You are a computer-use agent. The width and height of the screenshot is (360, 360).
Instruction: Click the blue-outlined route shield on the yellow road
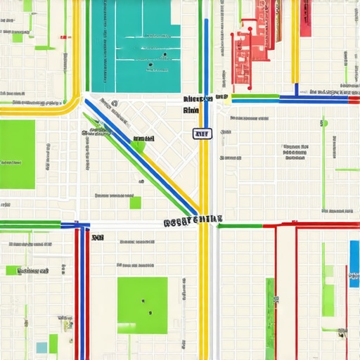202,134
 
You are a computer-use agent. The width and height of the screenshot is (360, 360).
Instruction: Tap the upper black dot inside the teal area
164,54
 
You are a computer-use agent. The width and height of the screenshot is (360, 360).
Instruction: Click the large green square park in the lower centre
142,302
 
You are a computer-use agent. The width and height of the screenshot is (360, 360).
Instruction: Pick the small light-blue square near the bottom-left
42,347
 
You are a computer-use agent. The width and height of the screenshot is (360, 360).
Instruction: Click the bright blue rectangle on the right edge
354,264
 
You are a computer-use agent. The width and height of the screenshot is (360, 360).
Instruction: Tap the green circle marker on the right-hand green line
324,123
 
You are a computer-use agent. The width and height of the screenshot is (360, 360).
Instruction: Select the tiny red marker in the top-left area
65,37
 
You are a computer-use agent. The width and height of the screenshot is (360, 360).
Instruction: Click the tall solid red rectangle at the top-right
306,18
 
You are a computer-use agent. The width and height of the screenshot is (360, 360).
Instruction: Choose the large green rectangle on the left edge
17,154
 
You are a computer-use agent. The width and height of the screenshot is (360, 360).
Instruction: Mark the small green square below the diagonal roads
135,202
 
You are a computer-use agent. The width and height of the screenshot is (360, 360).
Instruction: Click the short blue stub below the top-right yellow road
296,89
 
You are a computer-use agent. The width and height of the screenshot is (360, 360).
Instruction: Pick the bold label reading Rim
191,110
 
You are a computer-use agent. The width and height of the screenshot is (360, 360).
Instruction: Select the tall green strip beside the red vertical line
270,316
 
